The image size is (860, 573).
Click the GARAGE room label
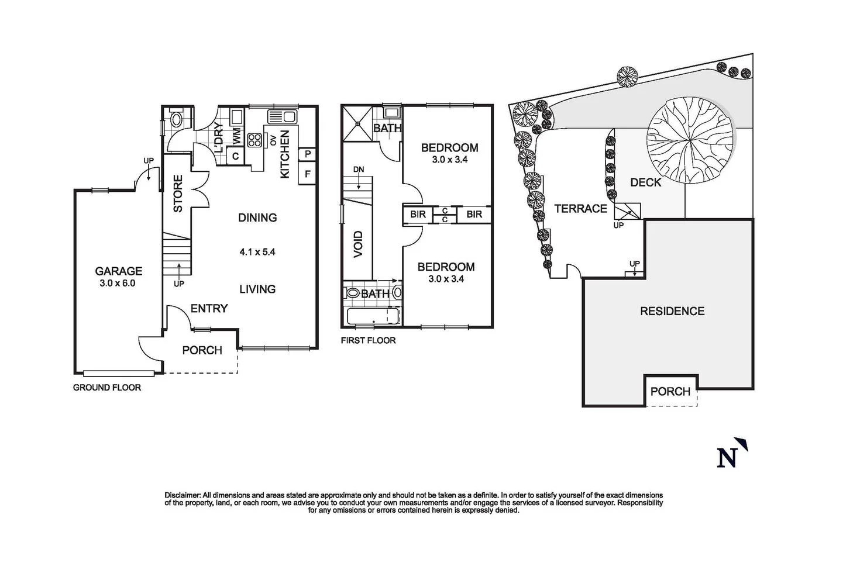click(x=119, y=271)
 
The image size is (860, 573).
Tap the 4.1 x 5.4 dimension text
click(x=257, y=253)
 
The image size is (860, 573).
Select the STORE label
click(x=178, y=194)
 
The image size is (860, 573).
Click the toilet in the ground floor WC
click(x=176, y=120)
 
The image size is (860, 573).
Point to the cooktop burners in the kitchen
click(x=255, y=140)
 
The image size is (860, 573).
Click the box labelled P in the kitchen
click(x=308, y=154)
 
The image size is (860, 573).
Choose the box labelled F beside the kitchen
click(x=308, y=174)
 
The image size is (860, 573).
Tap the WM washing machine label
click(x=238, y=136)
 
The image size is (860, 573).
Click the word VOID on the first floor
click(x=358, y=244)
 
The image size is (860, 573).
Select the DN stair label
click(x=359, y=170)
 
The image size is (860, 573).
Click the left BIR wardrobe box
click(x=418, y=215)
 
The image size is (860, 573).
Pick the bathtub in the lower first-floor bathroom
click(x=373, y=317)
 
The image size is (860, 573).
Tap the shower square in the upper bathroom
click(x=356, y=123)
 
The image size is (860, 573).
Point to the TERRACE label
click(x=580, y=208)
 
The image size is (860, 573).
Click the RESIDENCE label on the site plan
click(x=672, y=311)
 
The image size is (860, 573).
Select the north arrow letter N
click(x=727, y=457)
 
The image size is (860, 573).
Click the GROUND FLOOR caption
click(x=106, y=387)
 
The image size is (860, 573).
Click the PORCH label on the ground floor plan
click(x=202, y=350)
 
